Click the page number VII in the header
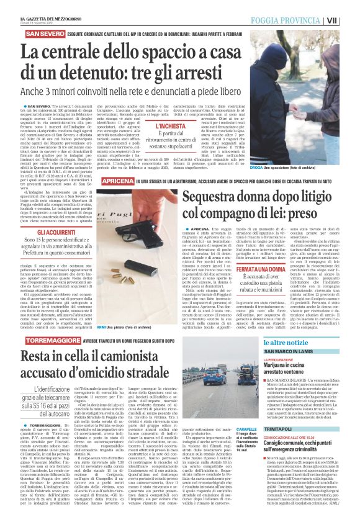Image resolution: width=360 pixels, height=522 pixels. click(x=349, y=20)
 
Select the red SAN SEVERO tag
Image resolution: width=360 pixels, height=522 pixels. click(x=40, y=32)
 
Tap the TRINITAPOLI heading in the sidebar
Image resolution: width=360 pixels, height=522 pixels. click(x=283, y=447)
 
